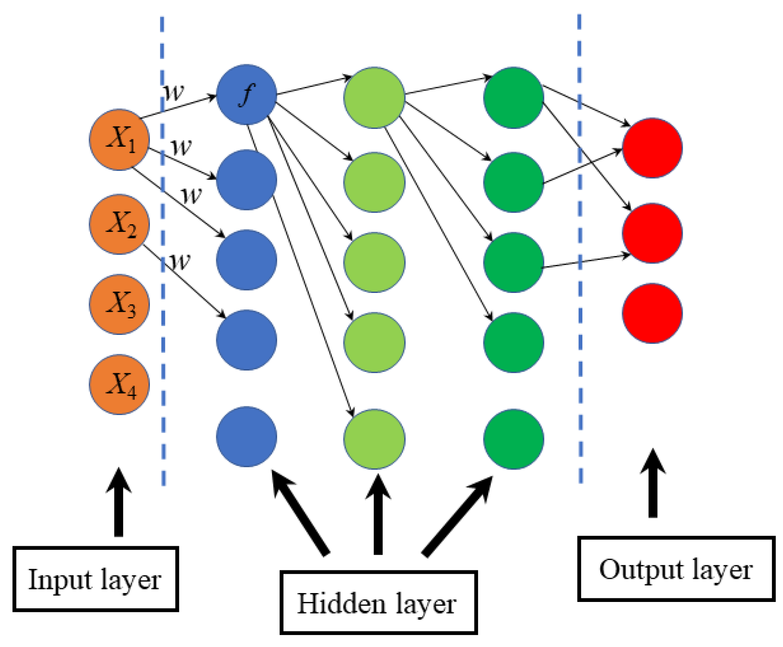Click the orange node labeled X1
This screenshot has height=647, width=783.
(x=119, y=140)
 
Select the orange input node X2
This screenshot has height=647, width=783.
(x=119, y=224)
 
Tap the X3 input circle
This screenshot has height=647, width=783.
(x=119, y=304)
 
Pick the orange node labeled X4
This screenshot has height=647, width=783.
(x=119, y=384)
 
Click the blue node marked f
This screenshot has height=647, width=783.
(x=247, y=95)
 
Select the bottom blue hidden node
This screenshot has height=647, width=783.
(x=247, y=437)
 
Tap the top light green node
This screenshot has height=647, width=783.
(x=374, y=98)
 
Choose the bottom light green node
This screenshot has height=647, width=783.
(x=374, y=439)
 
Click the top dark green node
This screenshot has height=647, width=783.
(x=514, y=98)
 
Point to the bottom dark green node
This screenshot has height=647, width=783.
(x=514, y=439)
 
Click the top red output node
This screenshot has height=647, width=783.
(x=652, y=148)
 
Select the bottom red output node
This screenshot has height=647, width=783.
(x=652, y=313)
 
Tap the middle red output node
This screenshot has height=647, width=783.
(x=652, y=233)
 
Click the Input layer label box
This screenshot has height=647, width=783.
(x=95, y=579)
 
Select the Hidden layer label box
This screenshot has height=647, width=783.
(x=379, y=602)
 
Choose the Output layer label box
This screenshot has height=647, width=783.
(x=676, y=569)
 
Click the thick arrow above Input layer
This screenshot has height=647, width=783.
(x=119, y=502)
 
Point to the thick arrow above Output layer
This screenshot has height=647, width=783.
(x=653, y=483)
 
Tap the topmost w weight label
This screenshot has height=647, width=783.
(x=173, y=92)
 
